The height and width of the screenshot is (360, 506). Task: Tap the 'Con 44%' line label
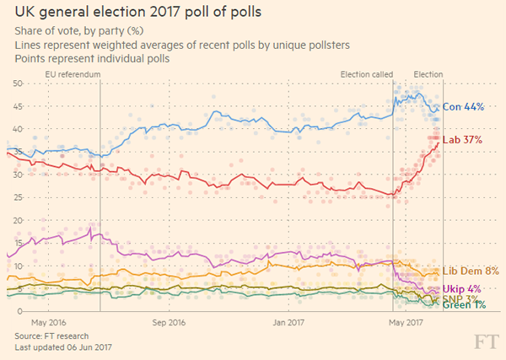(x=463, y=107)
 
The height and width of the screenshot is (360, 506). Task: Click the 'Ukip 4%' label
(x=462, y=288)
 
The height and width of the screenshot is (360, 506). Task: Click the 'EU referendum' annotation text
(x=73, y=74)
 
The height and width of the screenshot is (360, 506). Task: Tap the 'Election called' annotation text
(x=366, y=74)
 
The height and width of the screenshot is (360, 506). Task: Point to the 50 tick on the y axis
(x=17, y=83)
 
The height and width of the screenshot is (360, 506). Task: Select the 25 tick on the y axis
(x=17, y=198)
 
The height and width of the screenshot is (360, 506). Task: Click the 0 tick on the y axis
(x=19, y=312)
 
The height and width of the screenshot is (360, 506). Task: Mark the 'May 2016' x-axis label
(x=49, y=323)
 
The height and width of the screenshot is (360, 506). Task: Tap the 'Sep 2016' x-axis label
(x=170, y=323)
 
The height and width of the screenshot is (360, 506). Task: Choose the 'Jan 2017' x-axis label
(x=289, y=323)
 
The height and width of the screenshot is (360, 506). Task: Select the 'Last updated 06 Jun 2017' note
(x=63, y=347)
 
